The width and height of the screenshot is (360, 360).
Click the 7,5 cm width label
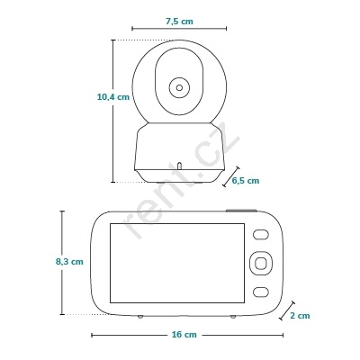pyautogui.click(x=179, y=22)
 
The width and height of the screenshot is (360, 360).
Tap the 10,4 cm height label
pyautogui.click(x=113, y=97)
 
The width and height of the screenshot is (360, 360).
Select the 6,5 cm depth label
pyautogui.click(x=246, y=181)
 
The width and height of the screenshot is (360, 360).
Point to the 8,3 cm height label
pyautogui.click(x=69, y=262)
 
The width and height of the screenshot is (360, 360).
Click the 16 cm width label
pyautogui.click(x=184, y=335)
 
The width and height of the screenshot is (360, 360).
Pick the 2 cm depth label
pyautogui.click(x=300, y=316)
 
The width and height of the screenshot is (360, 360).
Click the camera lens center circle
pyautogui.click(x=179, y=87)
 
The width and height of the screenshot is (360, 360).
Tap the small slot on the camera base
pyautogui.click(x=179, y=166)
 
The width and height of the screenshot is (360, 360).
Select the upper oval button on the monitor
pyautogui.click(x=260, y=234)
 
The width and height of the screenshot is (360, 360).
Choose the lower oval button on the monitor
pyautogui.click(x=260, y=292)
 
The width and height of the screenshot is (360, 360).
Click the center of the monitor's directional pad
pyautogui.click(x=260, y=263)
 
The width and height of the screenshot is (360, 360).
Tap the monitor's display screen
pyautogui.click(x=177, y=263)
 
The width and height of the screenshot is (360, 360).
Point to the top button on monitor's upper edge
pyautogui.click(x=241, y=211)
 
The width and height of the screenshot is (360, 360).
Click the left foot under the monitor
pyautogui.click(x=140, y=317)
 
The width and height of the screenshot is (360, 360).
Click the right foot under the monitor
pyautogui.click(x=233, y=317)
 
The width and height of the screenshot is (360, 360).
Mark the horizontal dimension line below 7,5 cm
pyautogui.click(x=179, y=29)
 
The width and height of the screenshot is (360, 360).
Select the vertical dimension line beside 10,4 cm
pyautogui.click(x=113, y=111)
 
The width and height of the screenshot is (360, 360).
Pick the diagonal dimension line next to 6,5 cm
pyautogui.click(x=231, y=176)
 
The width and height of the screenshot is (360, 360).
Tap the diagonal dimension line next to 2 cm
pyautogui.click(x=287, y=310)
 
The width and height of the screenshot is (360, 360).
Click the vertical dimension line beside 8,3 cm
pyautogui.click(x=62, y=263)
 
